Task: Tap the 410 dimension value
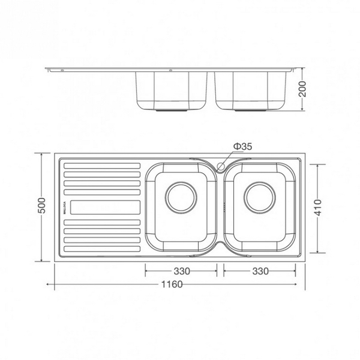click(x=320, y=206)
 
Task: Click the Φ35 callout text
click(x=242, y=146)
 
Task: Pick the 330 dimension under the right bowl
click(x=260, y=271)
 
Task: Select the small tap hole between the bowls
click(x=221, y=166)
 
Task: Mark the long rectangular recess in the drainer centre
click(x=106, y=206)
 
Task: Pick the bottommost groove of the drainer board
click(x=102, y=247)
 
